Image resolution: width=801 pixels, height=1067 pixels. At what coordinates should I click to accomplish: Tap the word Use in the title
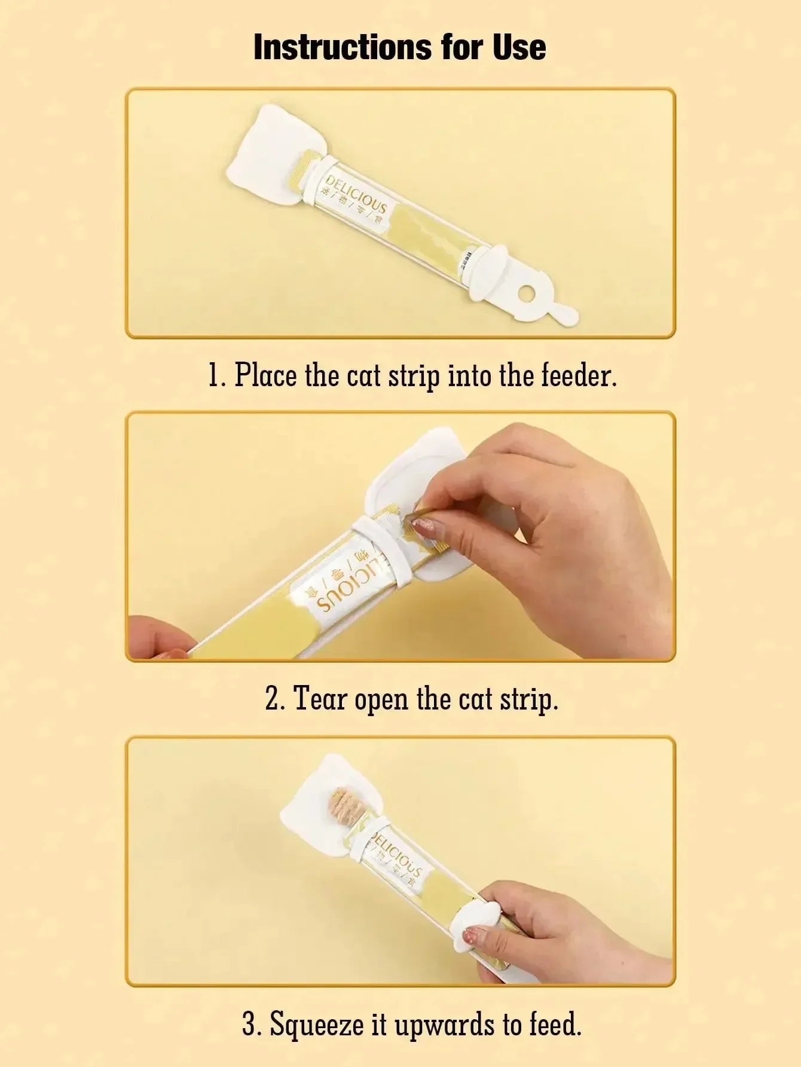(519, 47)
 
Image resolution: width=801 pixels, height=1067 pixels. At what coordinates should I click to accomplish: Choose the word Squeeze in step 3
(317, 1025)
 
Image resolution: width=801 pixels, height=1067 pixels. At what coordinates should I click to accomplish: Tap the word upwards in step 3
(439, 1026)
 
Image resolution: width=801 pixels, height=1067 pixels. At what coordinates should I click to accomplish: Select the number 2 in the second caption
(272, 699)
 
